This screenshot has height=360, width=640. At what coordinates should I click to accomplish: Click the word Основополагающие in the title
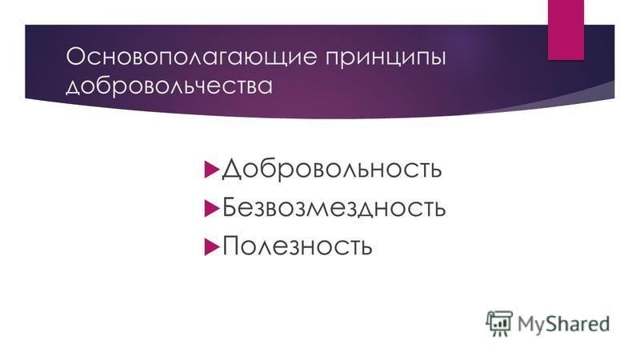point(191,57)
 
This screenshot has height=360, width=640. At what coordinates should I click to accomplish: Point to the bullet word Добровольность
point(331,169)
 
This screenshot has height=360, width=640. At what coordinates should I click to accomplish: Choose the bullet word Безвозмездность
point(334,207)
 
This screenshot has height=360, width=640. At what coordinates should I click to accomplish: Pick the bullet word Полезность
point(297,246)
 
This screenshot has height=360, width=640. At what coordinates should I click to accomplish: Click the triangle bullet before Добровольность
point(211,170)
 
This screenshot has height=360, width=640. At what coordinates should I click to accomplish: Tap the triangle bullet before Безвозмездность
point(211,208)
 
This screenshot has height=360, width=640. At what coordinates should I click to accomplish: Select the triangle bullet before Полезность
point(211,246)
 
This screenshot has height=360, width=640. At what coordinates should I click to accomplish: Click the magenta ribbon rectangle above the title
point(566,30)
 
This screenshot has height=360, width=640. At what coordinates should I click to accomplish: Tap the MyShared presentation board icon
point(499,324)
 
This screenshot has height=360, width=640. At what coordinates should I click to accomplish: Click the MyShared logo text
point(564,324)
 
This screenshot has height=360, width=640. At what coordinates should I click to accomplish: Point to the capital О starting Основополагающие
point(76,57)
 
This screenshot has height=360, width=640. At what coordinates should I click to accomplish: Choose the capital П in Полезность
point(231,246)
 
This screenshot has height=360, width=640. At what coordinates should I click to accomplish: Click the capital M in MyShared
point(527,323)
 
